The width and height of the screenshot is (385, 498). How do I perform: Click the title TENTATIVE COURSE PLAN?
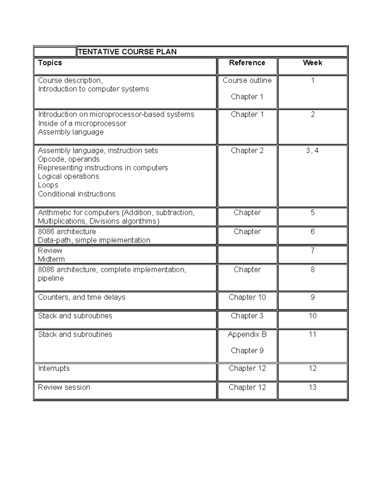[x=127, y=52]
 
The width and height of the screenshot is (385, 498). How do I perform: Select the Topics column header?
[x=50, y=63]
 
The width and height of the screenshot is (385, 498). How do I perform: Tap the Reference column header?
[x=247, y=63]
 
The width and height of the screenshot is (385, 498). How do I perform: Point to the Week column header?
[x=312, y=63]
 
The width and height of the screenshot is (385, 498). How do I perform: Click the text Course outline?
[x=247, y=80]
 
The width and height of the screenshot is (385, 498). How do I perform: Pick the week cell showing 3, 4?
[x=312, y=151]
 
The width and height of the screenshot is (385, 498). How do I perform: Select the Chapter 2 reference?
[x=247, y=151]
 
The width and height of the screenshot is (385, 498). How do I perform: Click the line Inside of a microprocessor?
[x=82, y=123]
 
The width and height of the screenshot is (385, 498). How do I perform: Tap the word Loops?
[x=48, y=185]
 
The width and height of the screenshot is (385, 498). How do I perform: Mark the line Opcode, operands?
[x=69, y=159]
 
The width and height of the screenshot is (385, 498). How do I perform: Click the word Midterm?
[x=51, y=259]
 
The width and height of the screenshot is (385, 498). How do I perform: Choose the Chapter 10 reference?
[x=247, y=297]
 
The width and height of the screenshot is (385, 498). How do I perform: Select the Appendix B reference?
[x=247, y=334]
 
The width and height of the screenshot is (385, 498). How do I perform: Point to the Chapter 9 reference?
[x=247, y=351]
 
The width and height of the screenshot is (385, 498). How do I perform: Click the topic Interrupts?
[x=54, y=368]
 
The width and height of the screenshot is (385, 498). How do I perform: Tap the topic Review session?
[x=64, y=387]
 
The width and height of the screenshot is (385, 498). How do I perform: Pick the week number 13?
[x=312, y=387]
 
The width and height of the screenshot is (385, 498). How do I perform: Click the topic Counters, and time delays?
[x=81, y=297]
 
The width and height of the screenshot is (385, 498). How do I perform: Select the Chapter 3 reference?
[x=247, y=316]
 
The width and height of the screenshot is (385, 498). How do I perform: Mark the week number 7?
[x=312, y=250]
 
